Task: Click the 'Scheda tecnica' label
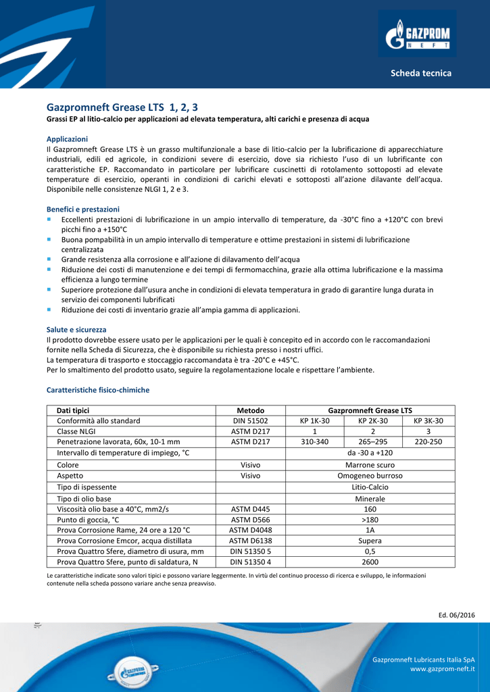pyautogui.click(x=420, y=73)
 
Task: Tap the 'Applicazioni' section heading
pyautogui.click(x=67, y=139)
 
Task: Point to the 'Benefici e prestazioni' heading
pyautogui.click(x=82, y=209)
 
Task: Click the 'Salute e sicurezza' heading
pyautogui.click(x=76, y=329)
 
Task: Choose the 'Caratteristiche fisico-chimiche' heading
pyautogui.click(x=98, y=390)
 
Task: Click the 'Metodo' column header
pyautogui.click(x=251, y=410)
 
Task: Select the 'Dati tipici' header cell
pyautogui.click(x=73, y=410)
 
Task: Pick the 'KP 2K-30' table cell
pyautogui.click(x=372, y=421)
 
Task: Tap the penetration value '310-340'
pyautogui.click(x=315, y=442)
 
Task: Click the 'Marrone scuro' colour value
pyautogui.click(x=370, y=465)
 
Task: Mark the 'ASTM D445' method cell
pyautogui.click(x=251, y=509)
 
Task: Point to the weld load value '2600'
pyautogui.click(x=370, y=562)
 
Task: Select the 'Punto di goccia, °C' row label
pyautogui.click(x=88, y=520)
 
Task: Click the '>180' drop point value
pyautogui.click(x=370, y=520)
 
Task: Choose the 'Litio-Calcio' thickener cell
pyautogui.click(x=370, y=487)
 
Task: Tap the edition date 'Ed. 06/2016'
pyautogui.click(x=457, y=614)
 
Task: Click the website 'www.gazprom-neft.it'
pyautogui.click(x=443, y=669)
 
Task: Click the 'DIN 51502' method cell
pyautogui.click(x=251, y=421)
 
